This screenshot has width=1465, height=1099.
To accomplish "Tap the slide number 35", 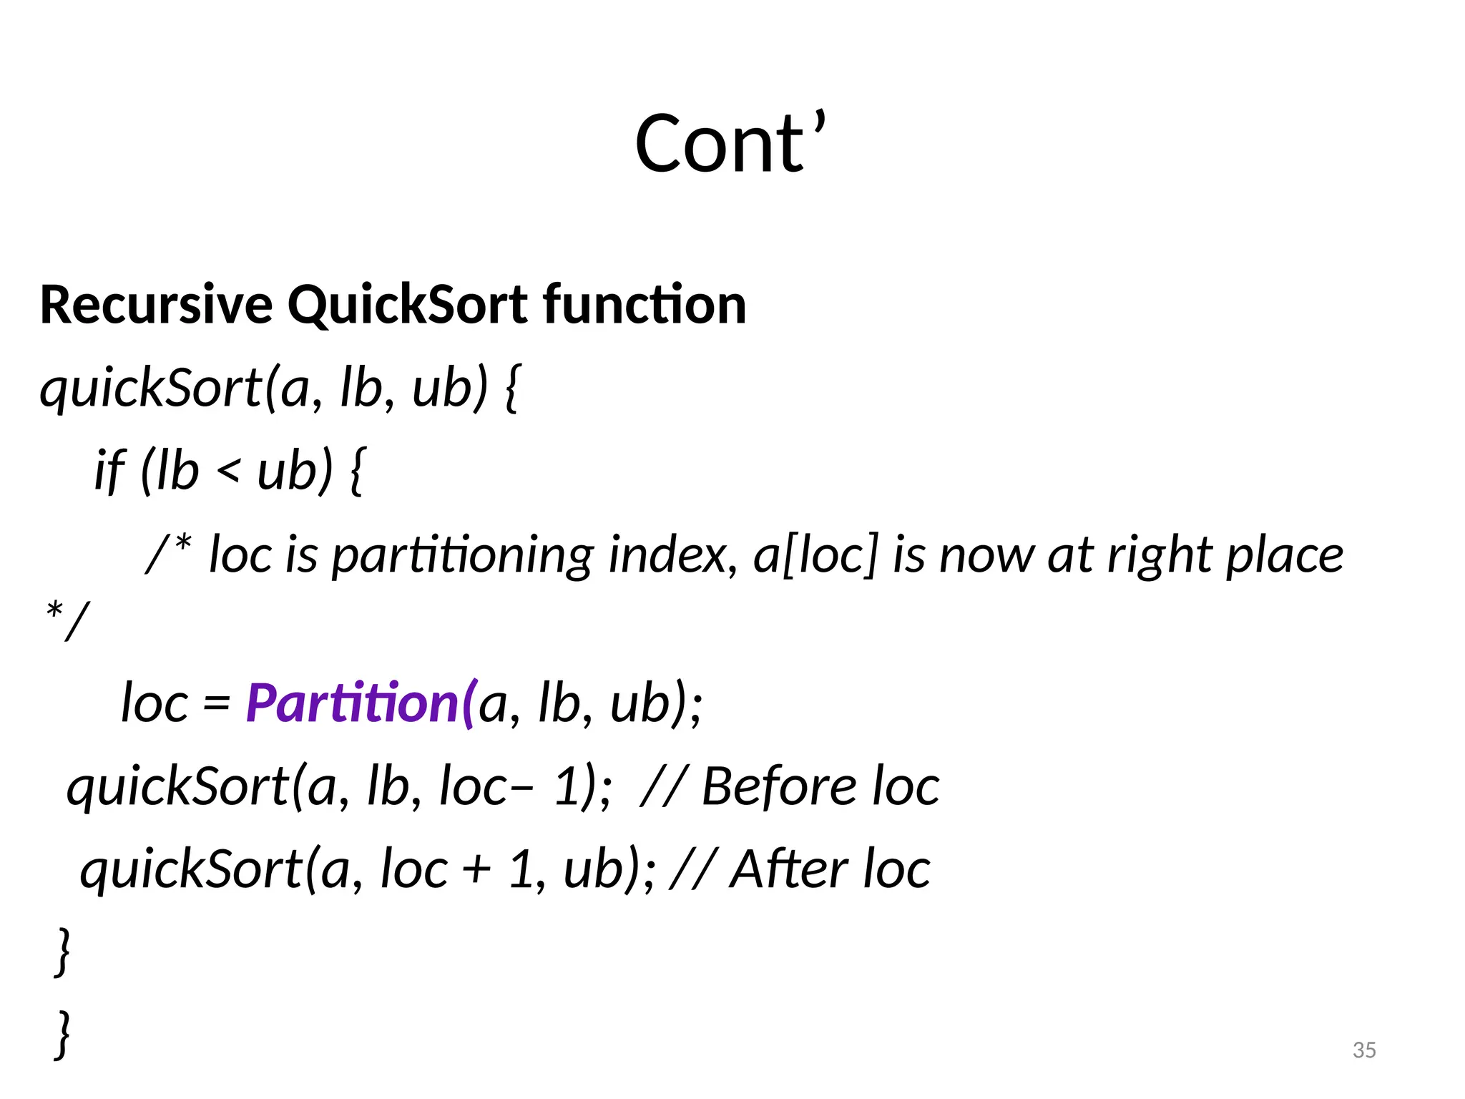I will click(x=1364, y=1050).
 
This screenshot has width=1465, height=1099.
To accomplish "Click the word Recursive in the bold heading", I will click(x=156, y=305).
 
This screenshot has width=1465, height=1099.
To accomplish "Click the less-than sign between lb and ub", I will click(x=227, y=472).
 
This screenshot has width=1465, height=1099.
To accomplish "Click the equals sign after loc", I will click(x=216, y=704).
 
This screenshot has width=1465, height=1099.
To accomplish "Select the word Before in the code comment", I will click(x=779, y=787).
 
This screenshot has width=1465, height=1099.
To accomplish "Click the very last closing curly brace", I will click(x=63, y=1035).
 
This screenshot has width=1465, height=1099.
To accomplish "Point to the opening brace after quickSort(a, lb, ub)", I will click(x=512, y=389).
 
